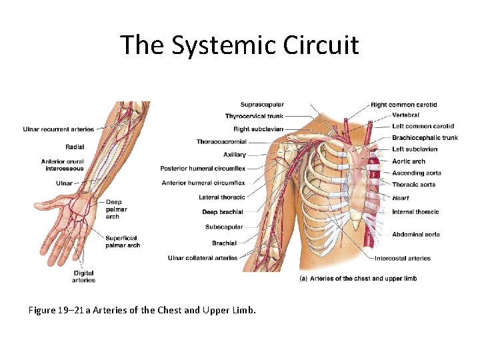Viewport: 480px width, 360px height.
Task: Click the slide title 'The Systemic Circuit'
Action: (x=239, y=45)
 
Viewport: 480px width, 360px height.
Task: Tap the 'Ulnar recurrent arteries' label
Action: (x=58, y=129)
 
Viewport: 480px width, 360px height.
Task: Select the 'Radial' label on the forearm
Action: (x=75, y=147)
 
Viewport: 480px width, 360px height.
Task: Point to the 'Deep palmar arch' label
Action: (x=116, y=209)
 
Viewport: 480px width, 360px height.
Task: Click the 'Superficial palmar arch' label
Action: (x=123, y=241)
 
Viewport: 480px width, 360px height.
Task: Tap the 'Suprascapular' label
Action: (x=262, y=105)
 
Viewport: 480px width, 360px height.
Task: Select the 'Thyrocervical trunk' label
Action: (x=254, y=117)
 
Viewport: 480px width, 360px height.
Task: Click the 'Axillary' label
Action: (x=235, y=155)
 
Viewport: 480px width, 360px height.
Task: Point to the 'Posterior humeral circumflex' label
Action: (x=203, y=169)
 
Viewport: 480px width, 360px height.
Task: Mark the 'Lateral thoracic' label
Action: (x=222, y=197)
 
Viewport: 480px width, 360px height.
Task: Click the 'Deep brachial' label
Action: (x=223, y=212)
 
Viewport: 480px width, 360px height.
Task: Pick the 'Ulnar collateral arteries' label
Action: (x=203, y=258)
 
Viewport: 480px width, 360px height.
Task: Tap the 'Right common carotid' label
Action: (x=404, y=105)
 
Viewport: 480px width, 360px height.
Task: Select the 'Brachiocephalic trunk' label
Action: (x=425, y=138)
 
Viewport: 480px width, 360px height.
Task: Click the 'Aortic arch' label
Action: (x=409, y=161)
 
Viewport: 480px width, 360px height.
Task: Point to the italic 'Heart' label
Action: (x=401, y=198)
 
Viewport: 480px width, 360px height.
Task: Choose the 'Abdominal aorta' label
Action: (x=416, y=235)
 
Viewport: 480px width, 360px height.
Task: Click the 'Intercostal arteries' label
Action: (x=403, y=259)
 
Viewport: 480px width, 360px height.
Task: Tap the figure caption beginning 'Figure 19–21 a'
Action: (x=142, y=310)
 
